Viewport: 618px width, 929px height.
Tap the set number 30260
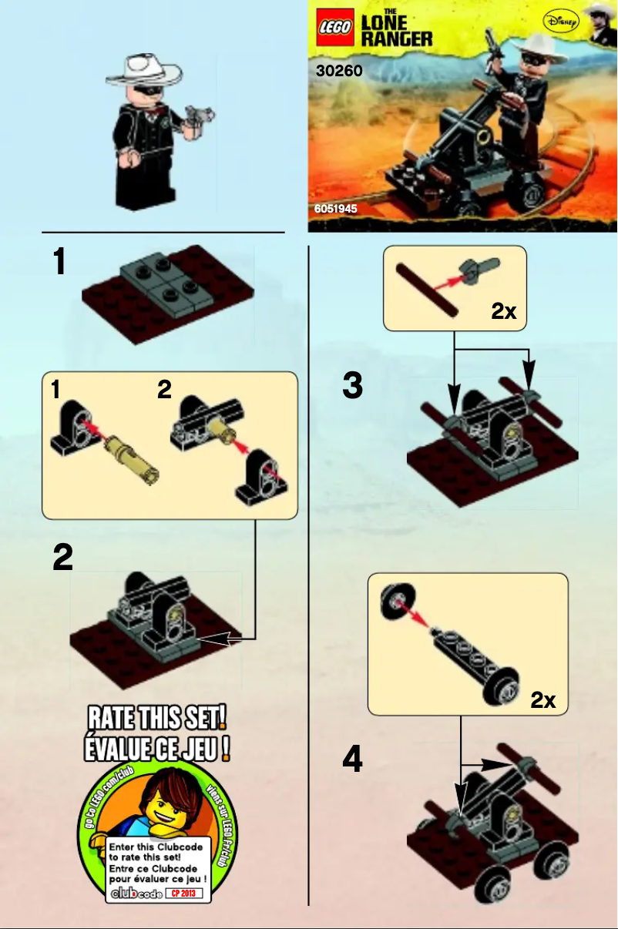pos(339,72)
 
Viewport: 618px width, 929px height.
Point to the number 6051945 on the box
pos(335,209)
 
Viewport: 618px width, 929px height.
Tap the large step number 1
pos(59,262)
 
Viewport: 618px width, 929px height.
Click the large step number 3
pos(352,385)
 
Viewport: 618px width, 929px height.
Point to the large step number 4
pos(352,761)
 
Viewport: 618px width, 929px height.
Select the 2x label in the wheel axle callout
pos(542,699)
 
